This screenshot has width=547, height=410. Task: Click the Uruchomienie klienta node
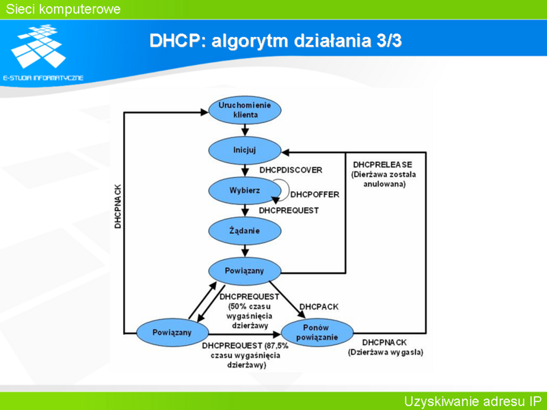tap(245, 110)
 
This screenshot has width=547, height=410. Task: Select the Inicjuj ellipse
tap(245, 150)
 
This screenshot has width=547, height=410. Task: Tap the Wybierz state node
tap(245, 191)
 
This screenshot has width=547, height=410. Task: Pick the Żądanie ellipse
tap(245, 231)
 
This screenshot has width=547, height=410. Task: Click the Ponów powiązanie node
tap(317, 333)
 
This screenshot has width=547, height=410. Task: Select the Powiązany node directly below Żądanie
tap(245, 271)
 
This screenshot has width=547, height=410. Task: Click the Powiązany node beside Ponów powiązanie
tap(172, 333)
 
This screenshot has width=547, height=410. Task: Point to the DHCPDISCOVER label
tap(291, 170)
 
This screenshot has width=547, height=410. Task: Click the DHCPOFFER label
tap(315, 195)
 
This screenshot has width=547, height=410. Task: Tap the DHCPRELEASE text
tap(382, 165)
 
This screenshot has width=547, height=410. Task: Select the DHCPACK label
tap(319, 307)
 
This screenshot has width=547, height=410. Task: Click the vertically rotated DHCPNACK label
tap(118, 206)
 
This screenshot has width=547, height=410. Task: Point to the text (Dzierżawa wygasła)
tap(386, 352)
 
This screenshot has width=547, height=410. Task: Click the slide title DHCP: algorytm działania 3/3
tap(276, 40)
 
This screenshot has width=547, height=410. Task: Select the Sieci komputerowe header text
tap(63, 9)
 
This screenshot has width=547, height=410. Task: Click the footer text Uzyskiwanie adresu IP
tap(472, 401)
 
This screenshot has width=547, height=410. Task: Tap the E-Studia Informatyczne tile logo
tap(38, 46)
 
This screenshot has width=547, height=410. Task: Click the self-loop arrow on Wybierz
tap(284, 190)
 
